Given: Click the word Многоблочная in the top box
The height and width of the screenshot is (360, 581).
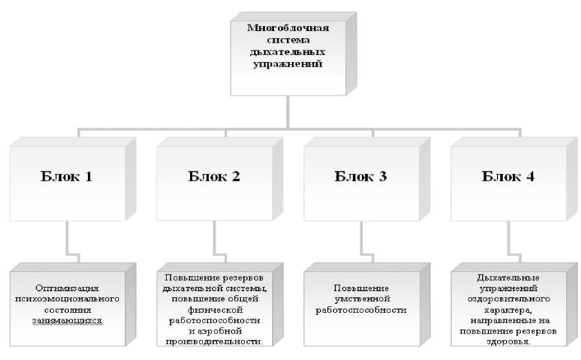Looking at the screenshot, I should (289, 28).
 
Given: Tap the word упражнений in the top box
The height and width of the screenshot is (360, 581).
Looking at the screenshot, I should (289, 65).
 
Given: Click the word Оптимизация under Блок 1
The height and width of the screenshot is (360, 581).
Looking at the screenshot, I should (69, 288).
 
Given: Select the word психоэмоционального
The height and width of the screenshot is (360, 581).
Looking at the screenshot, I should (69, 299).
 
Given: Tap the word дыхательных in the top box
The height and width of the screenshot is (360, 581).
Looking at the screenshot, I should (289, 52).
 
